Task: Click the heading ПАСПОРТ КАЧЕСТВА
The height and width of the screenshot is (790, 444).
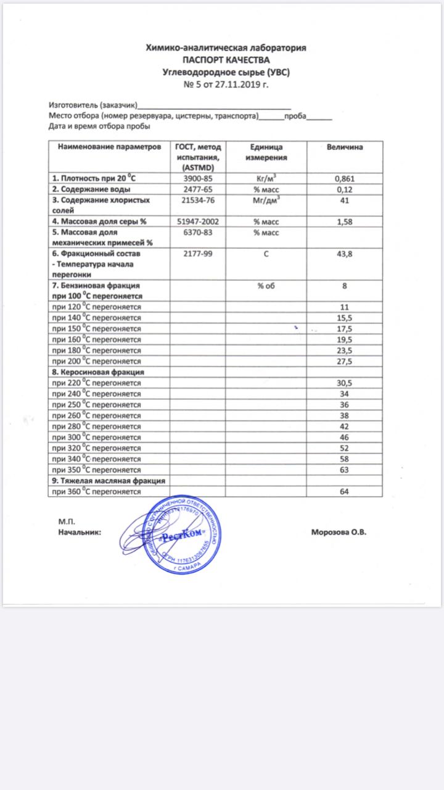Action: (226, 60)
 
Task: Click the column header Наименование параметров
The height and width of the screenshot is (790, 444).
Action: (110, 148)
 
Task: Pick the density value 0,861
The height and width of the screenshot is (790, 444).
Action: (343, 179)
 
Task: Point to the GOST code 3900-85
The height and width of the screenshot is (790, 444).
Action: (198, 179)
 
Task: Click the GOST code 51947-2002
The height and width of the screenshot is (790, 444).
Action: (198, 221)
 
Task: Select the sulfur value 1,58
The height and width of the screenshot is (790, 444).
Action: (343, 221)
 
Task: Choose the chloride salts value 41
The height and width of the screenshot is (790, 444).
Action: (344, 200)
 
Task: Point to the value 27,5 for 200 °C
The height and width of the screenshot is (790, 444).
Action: (343, 361)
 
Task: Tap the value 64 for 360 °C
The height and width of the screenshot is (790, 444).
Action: (344, 491)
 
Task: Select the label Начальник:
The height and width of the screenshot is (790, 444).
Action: (80, 532)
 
